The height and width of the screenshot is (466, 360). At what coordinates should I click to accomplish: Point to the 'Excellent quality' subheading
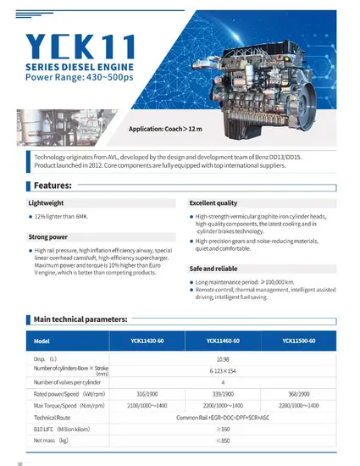point(213,204)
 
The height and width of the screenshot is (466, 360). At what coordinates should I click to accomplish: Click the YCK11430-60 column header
point(147,341)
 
